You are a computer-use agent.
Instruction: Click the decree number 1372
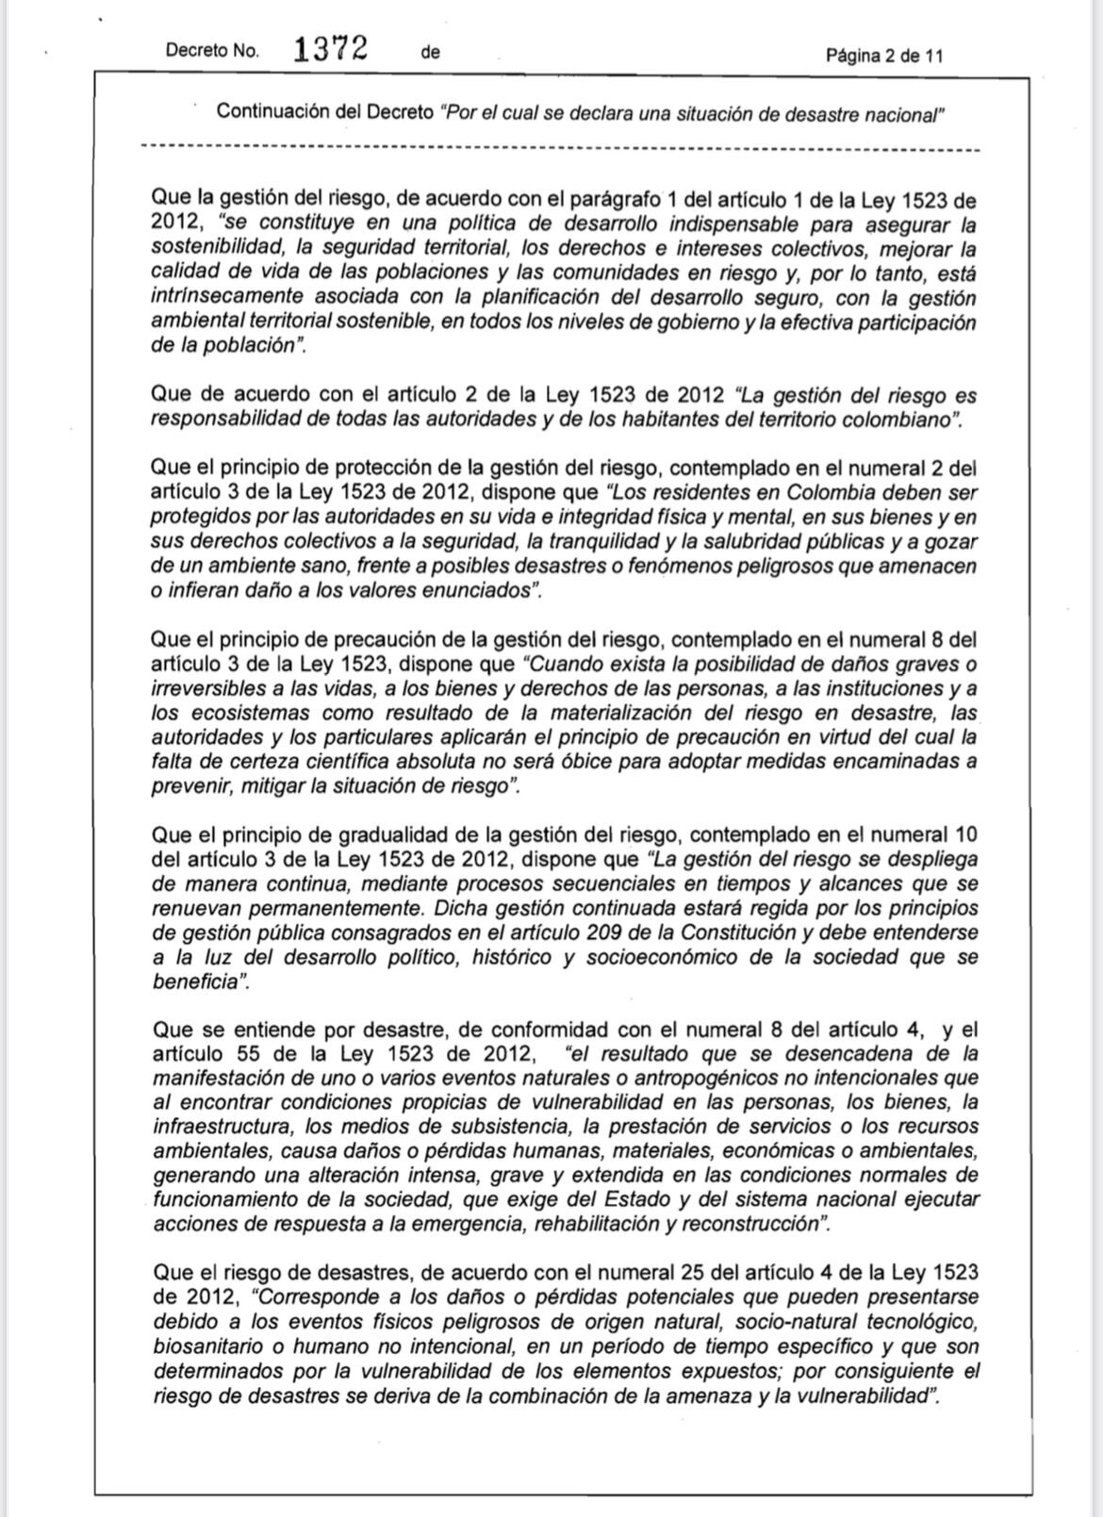[x=329, y=49]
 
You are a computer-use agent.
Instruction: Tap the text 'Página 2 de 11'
[x=883, y=56]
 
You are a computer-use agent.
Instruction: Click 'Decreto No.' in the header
[x=212, y=52]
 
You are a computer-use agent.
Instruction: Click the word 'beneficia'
[x=191, y=981]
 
